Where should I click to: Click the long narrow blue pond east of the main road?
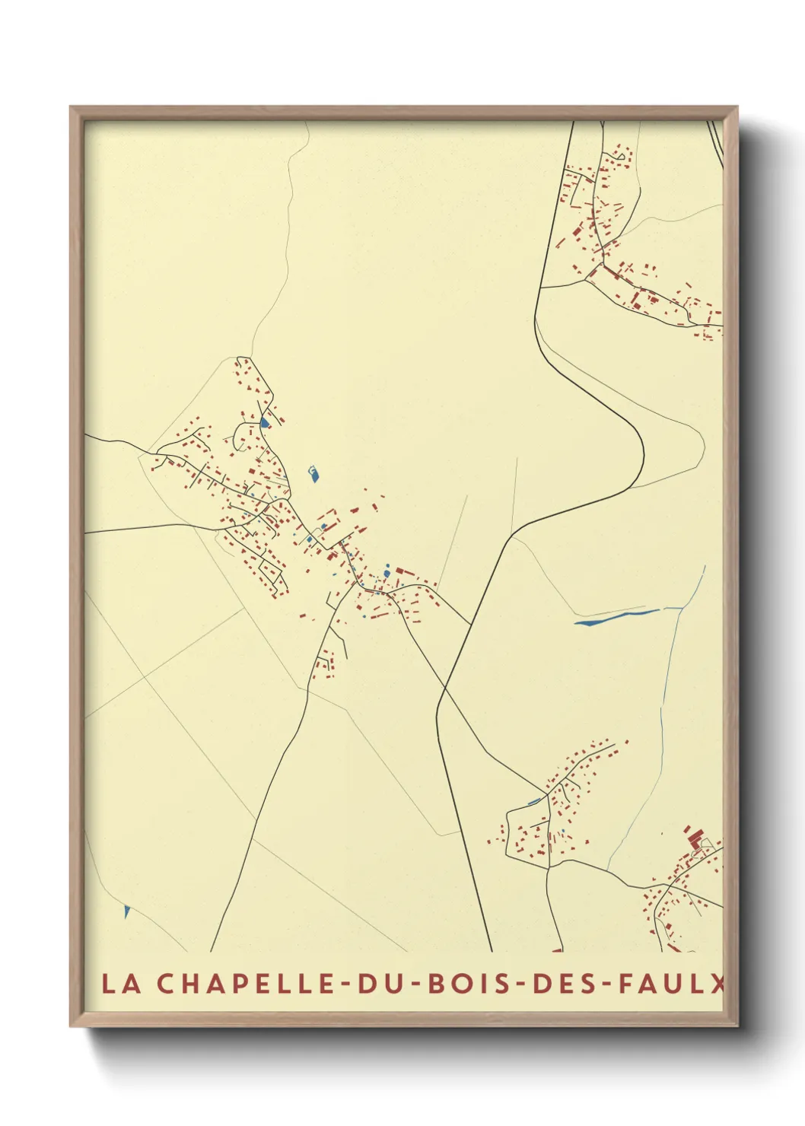(616, 617)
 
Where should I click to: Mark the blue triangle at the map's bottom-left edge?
(126, 911)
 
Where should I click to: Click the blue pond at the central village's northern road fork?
(264, 421)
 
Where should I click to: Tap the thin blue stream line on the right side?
(670, 685)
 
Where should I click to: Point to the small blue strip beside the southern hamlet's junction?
(534, 800)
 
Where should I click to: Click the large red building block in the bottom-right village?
(692, 838)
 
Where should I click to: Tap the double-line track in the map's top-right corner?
(714, 145)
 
